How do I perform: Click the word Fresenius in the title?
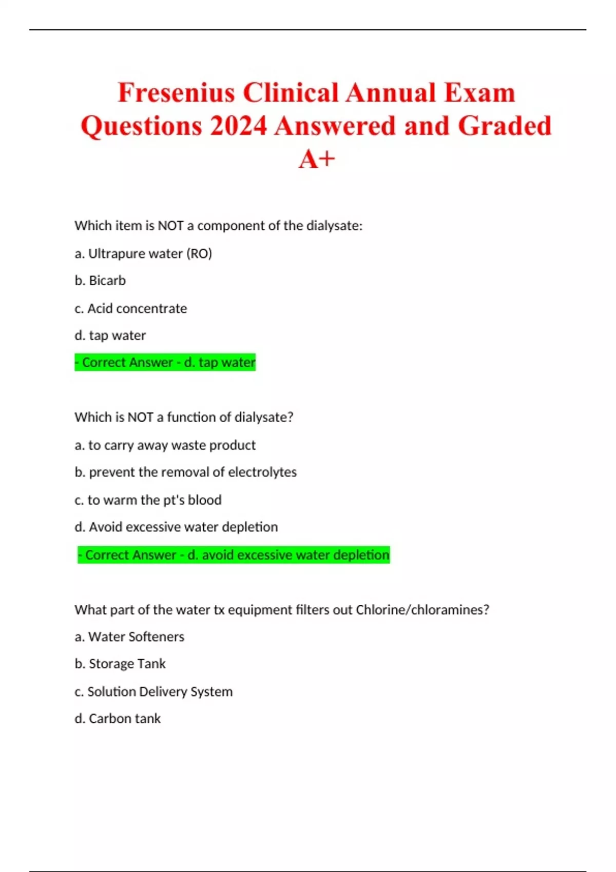coord(176,93)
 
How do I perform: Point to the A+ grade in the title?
coord(316,159)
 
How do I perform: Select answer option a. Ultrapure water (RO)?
coord(143,253)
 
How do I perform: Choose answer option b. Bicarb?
coord(100,281)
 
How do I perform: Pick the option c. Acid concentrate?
coord(131,308)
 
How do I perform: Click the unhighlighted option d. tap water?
coord(110,335)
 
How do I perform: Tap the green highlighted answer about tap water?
coord(165,363)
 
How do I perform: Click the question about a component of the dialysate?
coord(218,226)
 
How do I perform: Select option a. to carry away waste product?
coord(165,445)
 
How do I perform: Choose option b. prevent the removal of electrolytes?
coord(185,472)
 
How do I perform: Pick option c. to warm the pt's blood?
coord(148,500)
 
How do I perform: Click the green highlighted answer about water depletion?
coord(234,554)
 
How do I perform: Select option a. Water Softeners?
coord(129,637)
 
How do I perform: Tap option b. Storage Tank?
coord(120,664)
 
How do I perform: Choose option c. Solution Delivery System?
coord(153,691)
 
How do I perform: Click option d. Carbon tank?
coord(118,719)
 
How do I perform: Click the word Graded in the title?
coord(504,126)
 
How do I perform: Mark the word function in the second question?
coord(191,417)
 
